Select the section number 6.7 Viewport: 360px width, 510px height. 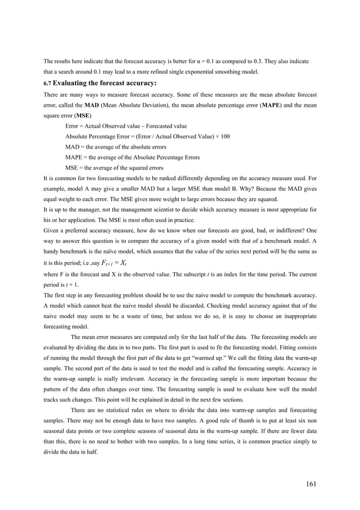47,83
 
